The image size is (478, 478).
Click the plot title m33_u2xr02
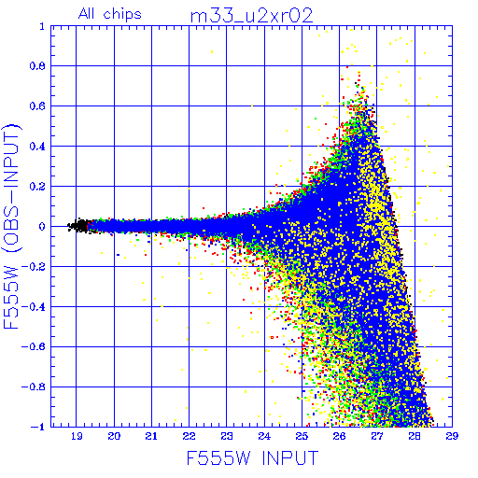[x=251, y=16]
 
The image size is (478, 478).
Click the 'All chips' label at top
[x=110, y=14]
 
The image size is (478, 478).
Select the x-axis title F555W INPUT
[x=252, y=457]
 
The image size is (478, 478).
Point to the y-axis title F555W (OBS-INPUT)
[x=11, y=226]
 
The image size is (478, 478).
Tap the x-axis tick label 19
[x=77, y=436]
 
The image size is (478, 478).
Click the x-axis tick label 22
[x=189, y=436]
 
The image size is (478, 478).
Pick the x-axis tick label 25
[x=302, y=436]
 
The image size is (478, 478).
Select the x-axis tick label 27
[x=377, y=436]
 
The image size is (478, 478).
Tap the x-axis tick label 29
[x=452, y=436]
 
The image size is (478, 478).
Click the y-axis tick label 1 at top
[x=42, y=26]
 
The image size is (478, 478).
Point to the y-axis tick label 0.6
[x=37, y=106]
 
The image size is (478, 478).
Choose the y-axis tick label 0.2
[x=37, y=187]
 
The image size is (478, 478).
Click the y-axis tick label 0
[x=42, y=227]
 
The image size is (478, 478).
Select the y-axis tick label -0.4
[x=34, y=307]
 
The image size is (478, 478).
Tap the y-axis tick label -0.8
[x=34, y=387]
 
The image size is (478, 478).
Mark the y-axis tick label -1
[x=38, y=427]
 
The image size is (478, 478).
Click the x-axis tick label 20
[x=114, y=436]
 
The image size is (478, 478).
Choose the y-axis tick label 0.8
[x=37, y=66]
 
